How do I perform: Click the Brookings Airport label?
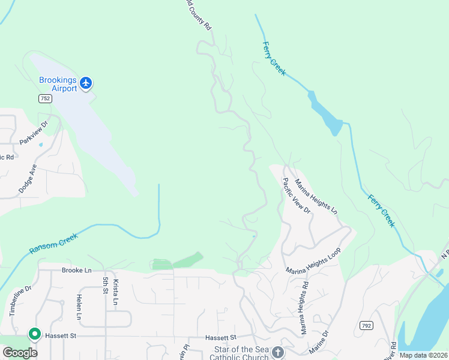tap(58, 84)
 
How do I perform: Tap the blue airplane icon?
tap(86, 82)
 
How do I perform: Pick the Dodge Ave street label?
tap(28, 178)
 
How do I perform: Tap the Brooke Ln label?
tap(76, 271)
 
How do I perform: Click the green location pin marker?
tap(35, 334)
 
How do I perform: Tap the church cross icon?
tap(277, 352)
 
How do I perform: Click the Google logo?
tap(19, 352)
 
